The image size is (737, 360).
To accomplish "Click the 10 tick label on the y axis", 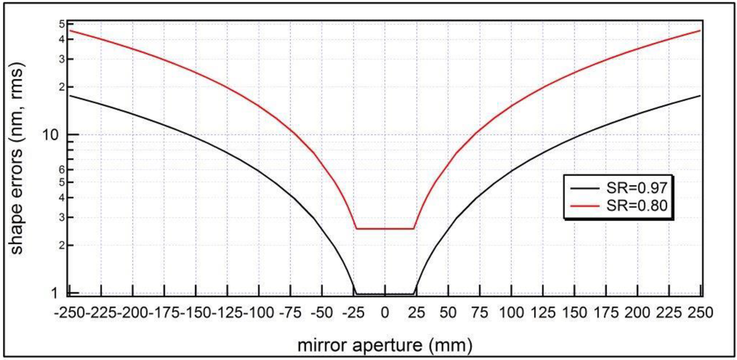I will (53, 135).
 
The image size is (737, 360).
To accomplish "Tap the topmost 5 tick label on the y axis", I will (60, 24).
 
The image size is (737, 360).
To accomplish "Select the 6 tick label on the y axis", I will (60, 169).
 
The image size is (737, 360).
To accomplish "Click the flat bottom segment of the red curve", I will (384, 228).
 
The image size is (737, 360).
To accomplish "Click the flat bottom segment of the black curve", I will (384, 294).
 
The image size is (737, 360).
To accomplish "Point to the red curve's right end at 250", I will (700, 31).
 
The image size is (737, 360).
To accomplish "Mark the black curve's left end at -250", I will (70, 96).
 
